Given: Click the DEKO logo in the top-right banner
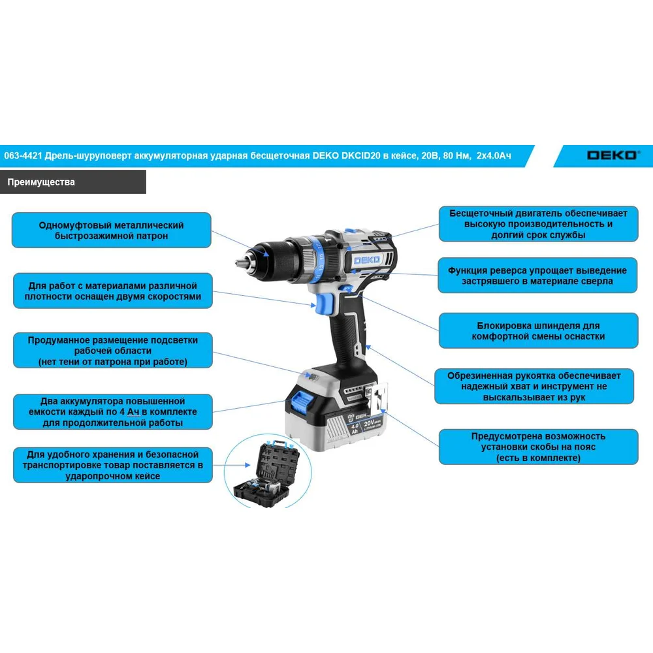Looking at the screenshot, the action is pyautogui.click(x=612, y=155).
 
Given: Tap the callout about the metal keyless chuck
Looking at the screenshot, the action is pyautogui.click(x=111, y=231).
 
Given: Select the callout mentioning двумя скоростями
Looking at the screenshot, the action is pyautogui.click(x=113, y=291).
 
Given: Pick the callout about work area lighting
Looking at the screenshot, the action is pyautogui.click(x=113, y=351).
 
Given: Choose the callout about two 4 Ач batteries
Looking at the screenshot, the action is pyautogui.click(x=113, y=412).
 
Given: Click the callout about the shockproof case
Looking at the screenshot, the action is pyautogui.click(x=113, y=465).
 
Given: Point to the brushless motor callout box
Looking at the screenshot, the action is pyautogui.click(x=539, y=224).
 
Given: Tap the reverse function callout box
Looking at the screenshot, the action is pyautogui.click(x=537, y=276).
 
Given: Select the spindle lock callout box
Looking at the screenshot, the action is pyautogui.click(x=539, y=330).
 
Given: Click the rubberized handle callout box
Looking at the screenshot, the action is pyautogui.click(x=534, y=387).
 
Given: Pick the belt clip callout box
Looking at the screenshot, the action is pyautogui.click(x=539, y=447).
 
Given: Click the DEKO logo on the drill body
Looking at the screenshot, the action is pyautogui.click(x=366, y=261).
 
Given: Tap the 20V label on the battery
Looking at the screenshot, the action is pyautogui.click(x=370, y=424).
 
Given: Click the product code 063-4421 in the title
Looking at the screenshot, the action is pyautogui.click(x=23, y=156).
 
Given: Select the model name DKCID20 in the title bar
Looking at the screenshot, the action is pyautogui.click(x=361, y=156).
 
